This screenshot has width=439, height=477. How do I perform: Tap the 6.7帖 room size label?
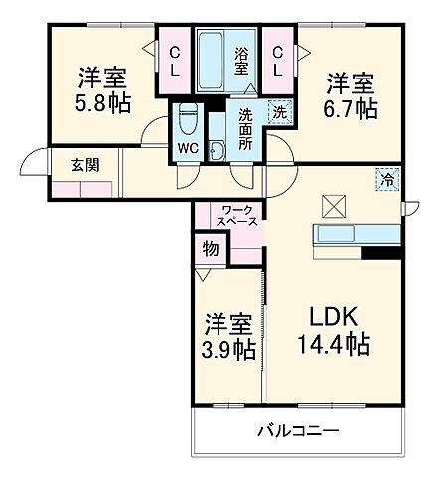click(352, 107)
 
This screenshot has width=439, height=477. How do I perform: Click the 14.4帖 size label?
click(334, 345)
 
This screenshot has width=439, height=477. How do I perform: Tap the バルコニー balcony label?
click(299, 432)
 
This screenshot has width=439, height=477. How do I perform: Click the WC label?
click(189, 150)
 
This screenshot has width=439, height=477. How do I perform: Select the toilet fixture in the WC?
click(189, 122)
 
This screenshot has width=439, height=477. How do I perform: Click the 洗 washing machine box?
click(280, 112)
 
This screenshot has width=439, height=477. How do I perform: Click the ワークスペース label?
click(238, 215)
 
